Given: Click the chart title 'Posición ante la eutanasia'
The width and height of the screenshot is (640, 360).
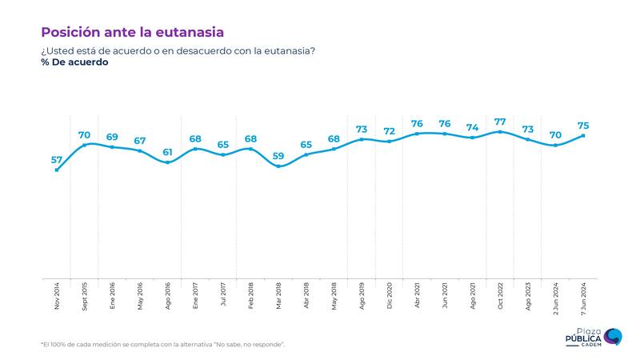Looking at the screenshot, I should pos(132,31).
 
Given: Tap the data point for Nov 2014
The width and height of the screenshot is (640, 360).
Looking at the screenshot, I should pos(57,170).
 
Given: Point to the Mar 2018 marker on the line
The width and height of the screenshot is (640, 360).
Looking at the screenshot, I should pos(278,166).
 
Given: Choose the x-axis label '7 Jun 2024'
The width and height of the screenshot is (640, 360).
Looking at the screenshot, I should pos(583,297).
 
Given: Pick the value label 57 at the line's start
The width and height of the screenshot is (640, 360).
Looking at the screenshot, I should pos(57,159).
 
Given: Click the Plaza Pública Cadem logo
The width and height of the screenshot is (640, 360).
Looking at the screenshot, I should pos(593,336).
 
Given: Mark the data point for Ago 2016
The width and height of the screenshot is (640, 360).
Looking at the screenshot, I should pos(167,162).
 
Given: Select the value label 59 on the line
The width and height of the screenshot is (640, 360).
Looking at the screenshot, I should pos(278,155).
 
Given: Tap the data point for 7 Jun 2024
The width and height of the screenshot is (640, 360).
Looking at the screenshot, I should pos(583,135).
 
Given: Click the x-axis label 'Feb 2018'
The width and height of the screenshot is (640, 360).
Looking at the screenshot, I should pos(251,295).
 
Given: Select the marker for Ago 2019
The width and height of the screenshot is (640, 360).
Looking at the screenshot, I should pos(362,139).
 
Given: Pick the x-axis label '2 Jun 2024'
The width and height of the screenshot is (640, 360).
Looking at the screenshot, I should pos(556,297).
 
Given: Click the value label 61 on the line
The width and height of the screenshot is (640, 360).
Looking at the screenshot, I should pos(167,151).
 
